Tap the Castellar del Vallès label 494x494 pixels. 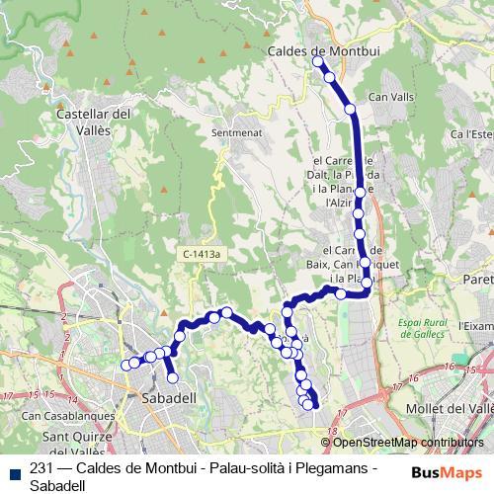pyautogui.click(x=95, y=122)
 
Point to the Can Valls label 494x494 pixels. pyautogui.click(x=387, y=97)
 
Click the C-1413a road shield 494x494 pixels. pyautogui.click(x=203, y=254)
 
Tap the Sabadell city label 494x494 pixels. pyautogui.click(x=170, y=397)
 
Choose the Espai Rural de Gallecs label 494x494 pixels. pyautogui.click(x=431, y=328)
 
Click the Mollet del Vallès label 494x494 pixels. pyautogui.click(x=451, y=407)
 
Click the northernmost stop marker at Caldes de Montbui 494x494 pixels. pyautogui.click(x=318, y=61)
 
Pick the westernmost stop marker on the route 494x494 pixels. pyautogui.click(x=126, y=366)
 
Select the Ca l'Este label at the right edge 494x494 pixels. pyautogui.click(x=472, y=133)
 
